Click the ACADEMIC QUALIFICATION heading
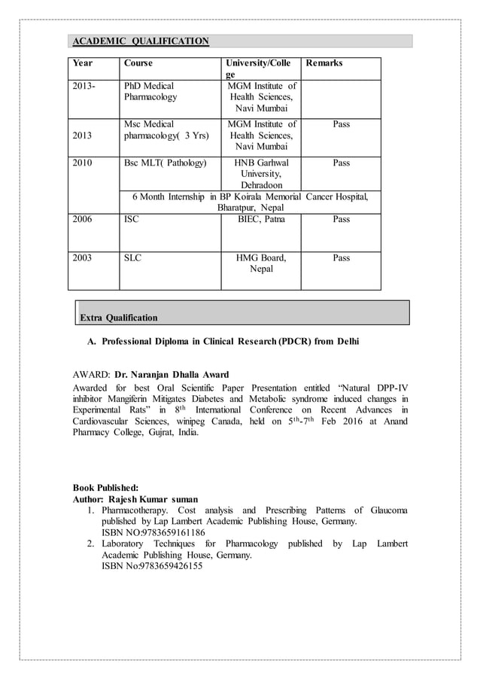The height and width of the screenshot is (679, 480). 141,41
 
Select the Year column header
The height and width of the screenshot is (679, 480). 83,63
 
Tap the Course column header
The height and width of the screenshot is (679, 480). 138,63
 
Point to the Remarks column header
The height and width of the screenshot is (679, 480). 324,63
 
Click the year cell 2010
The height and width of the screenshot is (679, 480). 83,163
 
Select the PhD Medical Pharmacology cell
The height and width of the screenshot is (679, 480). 150,92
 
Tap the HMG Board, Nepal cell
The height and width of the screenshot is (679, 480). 261,264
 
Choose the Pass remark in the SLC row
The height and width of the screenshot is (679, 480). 341,258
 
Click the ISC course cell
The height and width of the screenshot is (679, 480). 131,220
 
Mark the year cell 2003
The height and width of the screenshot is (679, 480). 83,258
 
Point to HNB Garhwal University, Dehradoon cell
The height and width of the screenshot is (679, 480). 261,174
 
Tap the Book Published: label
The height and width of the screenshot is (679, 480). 105,488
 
